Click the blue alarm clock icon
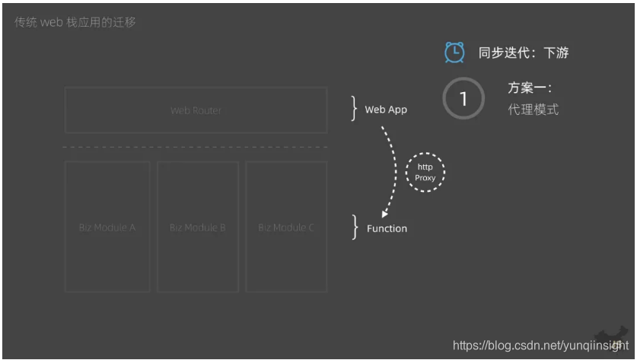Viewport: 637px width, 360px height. pos(454,53)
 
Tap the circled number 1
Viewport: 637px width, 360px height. pos(463,98)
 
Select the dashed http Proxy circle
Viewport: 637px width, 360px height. pos(425,172)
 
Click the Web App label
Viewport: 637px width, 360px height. pos(386,110)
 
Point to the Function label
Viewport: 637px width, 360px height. pos(387,228)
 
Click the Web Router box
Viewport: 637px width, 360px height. pos(196,110)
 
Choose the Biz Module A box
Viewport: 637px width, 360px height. pos(107,227)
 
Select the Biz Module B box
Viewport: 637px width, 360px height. pos(197,227)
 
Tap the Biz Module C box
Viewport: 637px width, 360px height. pos(286,227)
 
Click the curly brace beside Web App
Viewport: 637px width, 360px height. pos(354,109)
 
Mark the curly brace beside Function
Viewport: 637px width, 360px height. pos(354,227)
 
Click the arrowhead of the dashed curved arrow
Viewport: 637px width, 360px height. pos(385,215)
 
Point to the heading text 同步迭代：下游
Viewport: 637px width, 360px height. pos(524,53)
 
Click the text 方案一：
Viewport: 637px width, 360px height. pos(530,88)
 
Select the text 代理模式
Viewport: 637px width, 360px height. pos(533,110)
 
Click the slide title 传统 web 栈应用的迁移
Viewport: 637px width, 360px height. pos(75,22)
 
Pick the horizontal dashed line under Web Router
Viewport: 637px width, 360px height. pos(196,147)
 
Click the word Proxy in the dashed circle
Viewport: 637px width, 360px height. pos(425,178)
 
